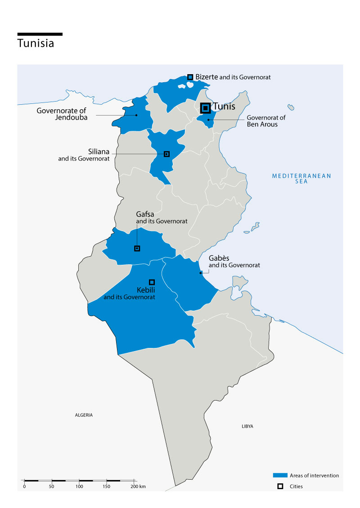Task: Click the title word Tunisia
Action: [x=36, y=44]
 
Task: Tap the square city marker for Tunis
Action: [x=205, y=108]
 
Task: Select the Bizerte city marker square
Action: [x=190, y=77]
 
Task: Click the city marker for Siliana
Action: [x=166, y=154]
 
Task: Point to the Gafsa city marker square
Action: [x=137, y=248]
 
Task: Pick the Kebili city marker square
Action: [x=152, y=282]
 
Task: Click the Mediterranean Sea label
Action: [x=301, y=178]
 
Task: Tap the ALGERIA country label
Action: [x=84, y=415]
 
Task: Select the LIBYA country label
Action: [x=247, y=426]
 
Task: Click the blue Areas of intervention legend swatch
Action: [x=280, y=475]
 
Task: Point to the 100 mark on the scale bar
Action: [x=79, y=486]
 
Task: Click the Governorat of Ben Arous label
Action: [x=265, y=121]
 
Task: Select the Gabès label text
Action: [x=218, y=259]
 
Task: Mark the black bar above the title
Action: [x=40, y=34]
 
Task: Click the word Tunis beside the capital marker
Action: [x=224, y=107]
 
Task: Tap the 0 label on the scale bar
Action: [x=24, y=486]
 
